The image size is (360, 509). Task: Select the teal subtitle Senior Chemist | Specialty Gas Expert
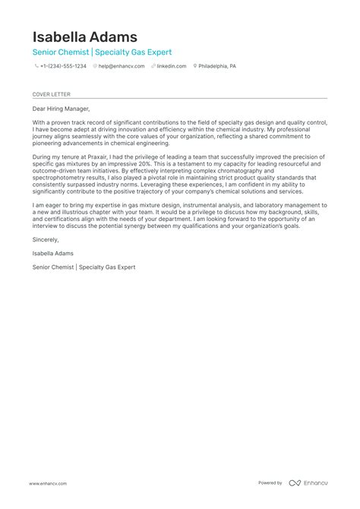[x=102, y=52]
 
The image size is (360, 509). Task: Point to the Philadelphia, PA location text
[x=218, y=66]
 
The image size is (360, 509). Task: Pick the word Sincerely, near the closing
[x=46, y=239]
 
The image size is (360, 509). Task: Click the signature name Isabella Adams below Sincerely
[x=53, y=253]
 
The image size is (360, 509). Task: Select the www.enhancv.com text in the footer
[x=48, y=483]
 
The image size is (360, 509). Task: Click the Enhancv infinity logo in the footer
[x=295, y=483]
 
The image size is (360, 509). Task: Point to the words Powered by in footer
[x=270, y=483]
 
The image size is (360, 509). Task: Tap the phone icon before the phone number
[x=36, y=66]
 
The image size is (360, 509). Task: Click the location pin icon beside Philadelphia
[x=195, y=66]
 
